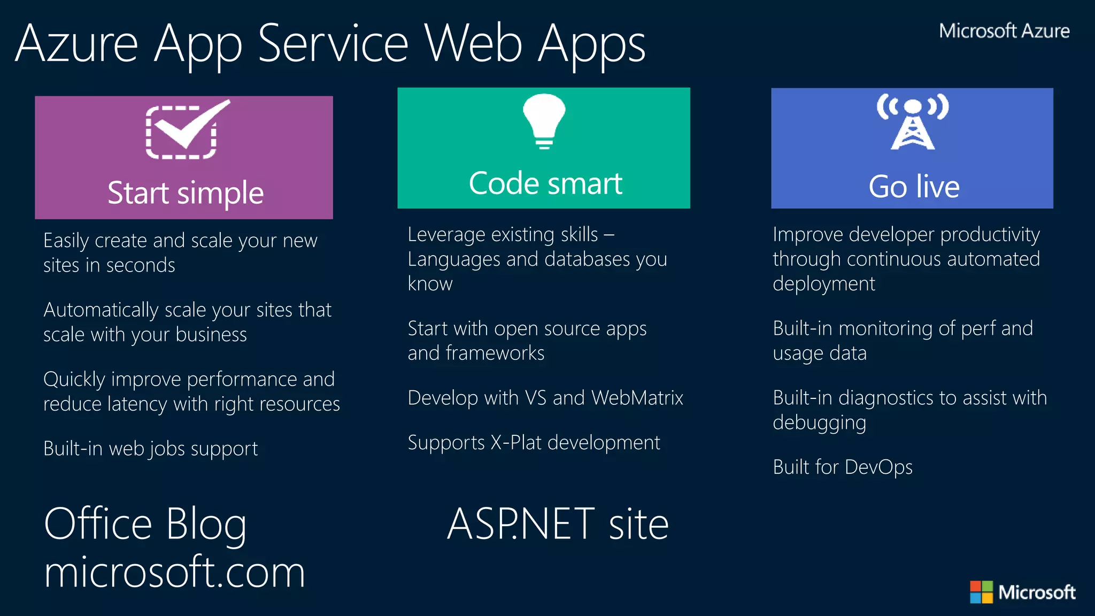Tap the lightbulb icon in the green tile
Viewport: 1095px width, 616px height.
coord(544,120)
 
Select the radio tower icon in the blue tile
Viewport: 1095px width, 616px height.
coord(912,122)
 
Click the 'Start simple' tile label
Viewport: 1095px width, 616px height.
coord(186,193)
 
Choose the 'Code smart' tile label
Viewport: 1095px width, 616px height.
coord(545,183)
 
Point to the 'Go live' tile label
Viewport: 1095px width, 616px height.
coord(914,187)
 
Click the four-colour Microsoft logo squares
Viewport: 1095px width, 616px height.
coord(981,592)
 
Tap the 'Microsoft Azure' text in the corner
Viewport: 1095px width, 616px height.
coord(1004,31)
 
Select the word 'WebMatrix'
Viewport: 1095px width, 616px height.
coord(637,398)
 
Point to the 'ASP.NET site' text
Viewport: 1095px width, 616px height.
coord(558,524)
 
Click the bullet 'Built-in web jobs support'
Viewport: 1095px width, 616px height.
coord(150,449)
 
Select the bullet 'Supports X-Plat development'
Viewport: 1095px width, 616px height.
coord(534,443)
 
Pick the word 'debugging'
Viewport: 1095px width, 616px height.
coord(819,423)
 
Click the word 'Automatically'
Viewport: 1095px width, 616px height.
coord(101,310)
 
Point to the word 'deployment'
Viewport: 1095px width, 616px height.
coord(823,284)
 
